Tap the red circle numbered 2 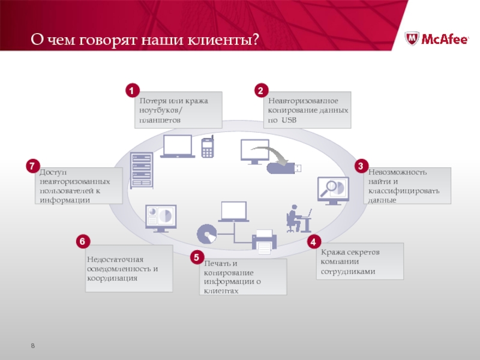tap(260, 91)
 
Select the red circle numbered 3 tap(361, 166)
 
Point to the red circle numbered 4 tap(313, 242)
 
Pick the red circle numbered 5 tap(196, 258)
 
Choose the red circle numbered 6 tap(82, 242)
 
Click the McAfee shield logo tap(413, 39)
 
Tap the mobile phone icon tap(208, 147)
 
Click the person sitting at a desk tap(297, 218)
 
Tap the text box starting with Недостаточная tap(128, 268)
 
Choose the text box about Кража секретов tap(359, 261)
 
